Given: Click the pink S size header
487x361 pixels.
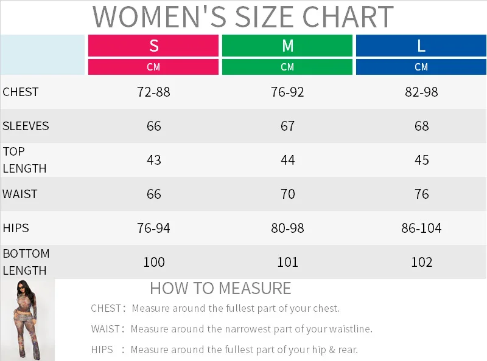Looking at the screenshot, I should point(153,46).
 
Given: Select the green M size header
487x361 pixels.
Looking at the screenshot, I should point(287,46).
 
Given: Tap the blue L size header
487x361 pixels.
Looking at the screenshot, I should point(421,46).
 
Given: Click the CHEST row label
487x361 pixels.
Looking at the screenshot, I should point(21,92).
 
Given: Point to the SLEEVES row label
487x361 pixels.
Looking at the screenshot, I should point(26,126).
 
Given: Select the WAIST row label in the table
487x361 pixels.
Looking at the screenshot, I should point(20,194).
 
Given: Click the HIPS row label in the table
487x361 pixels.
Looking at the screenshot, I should point(16,228).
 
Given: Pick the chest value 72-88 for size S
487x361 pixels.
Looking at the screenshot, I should point(153,92).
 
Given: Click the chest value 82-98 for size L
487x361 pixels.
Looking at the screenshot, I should point(421,92).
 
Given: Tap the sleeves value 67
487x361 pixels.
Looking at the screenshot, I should point(287,126).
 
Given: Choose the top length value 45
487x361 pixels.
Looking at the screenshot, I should point(421,160).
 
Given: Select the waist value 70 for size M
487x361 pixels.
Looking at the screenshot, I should point(287,194).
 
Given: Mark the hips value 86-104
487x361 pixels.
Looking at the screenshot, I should point(421,229).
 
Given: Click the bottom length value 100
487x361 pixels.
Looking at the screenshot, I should point(153,262).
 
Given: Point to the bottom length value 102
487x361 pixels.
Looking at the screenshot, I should point(421,262).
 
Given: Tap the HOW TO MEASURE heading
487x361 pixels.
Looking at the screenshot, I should point(220,288).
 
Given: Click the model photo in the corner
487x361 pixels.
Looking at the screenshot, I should point(27,320).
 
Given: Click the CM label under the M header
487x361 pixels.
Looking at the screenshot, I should point(287,67).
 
